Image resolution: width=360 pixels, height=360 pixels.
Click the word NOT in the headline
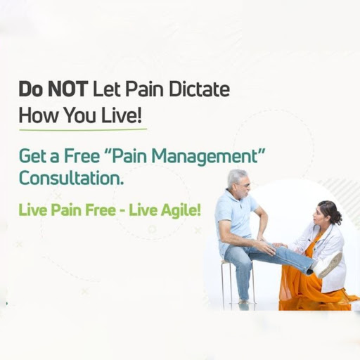67,89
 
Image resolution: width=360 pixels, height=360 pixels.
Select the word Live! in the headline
122,115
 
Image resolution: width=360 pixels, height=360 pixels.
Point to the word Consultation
71,178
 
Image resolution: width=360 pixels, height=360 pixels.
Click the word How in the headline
38,115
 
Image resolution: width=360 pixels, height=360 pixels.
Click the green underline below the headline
83,129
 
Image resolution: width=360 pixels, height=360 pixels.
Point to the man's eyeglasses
245,186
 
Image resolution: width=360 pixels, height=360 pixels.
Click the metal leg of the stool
223,283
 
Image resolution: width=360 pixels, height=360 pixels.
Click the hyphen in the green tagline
122,211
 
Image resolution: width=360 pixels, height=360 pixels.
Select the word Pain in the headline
145,89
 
